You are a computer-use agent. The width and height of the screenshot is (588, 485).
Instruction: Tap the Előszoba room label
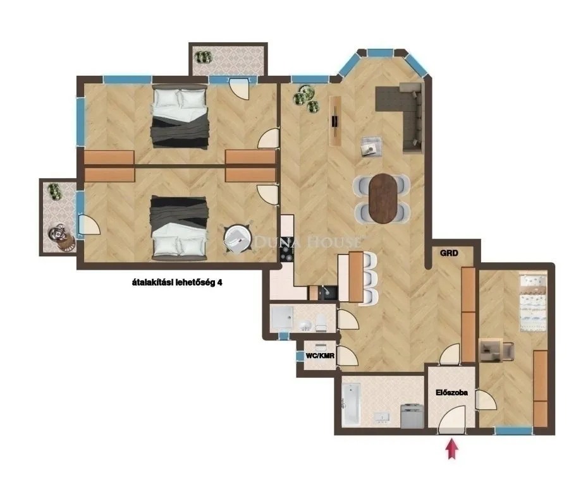[451, 392]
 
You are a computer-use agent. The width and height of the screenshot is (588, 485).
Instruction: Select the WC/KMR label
[319, 356]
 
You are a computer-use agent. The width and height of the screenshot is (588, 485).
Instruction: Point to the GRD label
[449, 253]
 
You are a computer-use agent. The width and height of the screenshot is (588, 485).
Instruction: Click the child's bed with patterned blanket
[532, 302]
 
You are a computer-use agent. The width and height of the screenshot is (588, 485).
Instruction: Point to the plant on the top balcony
[203, 57]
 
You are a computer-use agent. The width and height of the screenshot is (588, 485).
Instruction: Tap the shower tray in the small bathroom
[281, 318]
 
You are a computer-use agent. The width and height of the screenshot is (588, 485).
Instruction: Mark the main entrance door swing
[452, 420]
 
